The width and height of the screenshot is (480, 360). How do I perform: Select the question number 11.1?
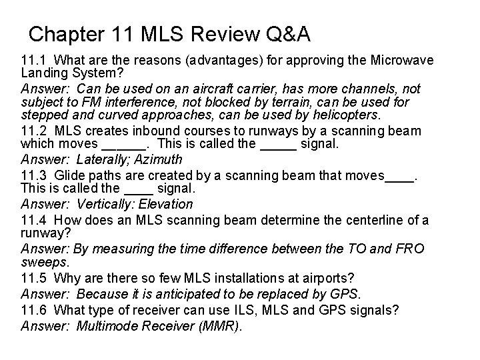pos(33,60)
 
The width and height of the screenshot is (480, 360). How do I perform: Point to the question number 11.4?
pos(33,220)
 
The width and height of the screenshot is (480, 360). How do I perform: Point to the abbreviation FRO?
pos(409,249)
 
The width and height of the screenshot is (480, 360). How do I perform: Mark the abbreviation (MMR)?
pos(221,325)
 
